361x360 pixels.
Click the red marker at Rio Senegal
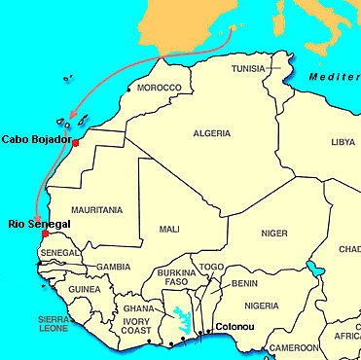[45, 234]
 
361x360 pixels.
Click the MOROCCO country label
[159, 88]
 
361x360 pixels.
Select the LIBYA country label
[343, 142]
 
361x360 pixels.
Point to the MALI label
[168, 230]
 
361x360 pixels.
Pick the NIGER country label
[274, 234]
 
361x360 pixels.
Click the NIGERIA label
[262, 306]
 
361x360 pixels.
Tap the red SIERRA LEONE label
[26, 323]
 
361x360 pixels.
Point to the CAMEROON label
[294, 347]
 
